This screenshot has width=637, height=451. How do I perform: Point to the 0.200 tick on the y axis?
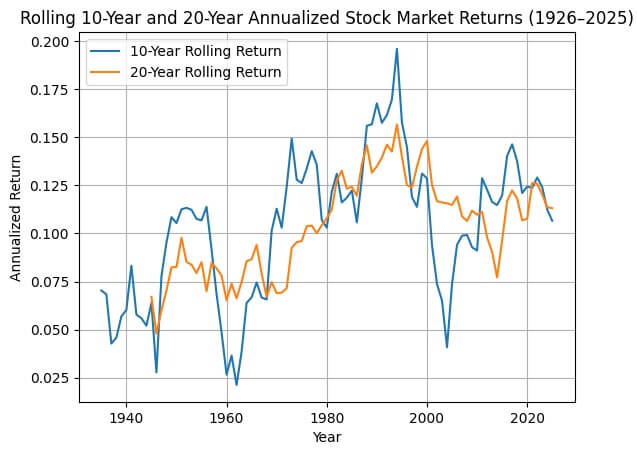pyautogui.click(x=51, y=41)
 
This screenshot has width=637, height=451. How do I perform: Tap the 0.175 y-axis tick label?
pyautogui.click(x=51, y=89)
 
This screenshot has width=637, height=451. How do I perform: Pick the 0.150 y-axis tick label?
pyautogui.click(x=51, y=137)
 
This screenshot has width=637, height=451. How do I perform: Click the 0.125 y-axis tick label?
pyautogui.click(x=51, y=185)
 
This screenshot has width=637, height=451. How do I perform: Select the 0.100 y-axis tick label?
pyautogui.click(x=51, y=234)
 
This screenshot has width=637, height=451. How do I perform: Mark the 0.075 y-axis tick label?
pyautogui.click(x=51, y=282)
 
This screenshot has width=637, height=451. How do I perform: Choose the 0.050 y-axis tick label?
pyautogui.click(x=51, y=330)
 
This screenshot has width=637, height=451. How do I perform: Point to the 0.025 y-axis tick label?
pyautogui.click(x=51, y=378)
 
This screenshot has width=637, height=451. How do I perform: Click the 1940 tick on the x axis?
pyautogui.click(x=126, y=416)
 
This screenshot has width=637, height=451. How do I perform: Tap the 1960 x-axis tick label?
pyautogui.click(x=227, y=416)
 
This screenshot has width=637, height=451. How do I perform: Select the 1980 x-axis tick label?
pyautogui.click(x=327, y=416)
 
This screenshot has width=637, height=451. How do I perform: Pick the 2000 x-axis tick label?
pyautogui.click(x=427, y=416)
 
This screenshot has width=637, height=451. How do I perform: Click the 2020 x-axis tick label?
pyautogui.click(x=527, y=416)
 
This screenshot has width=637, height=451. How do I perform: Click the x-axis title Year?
pyautogui.click(x=326, y=436)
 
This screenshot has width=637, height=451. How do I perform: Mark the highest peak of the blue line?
pyautogui.click(x=397, y=49)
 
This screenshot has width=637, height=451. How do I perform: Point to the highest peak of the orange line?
pyautogui.click(x=397, y=124)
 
